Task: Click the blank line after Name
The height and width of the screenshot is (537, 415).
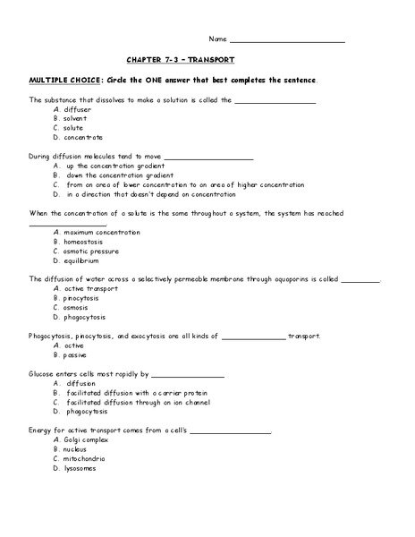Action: pyautogui.click(x=287, y=40)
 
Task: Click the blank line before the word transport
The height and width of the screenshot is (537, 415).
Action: pyautogui.click(x=253, y=337)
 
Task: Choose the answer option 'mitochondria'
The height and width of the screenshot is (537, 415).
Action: pyautogui.click(x=86, y=458)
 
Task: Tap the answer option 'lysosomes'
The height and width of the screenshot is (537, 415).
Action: pyautogui.click(x=80, y=468)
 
